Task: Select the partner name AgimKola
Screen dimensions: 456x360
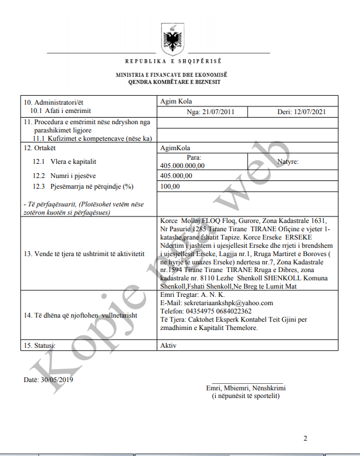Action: tap(175, 148)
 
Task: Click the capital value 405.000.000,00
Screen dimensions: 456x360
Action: tap(183, 166)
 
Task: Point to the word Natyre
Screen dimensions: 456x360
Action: tap(288, 161)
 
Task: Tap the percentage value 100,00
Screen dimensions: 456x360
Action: tap(170, 186)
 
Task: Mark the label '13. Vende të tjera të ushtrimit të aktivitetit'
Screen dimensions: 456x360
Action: tap(85, 254)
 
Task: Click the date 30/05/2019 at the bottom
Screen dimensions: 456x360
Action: tap(56, 379)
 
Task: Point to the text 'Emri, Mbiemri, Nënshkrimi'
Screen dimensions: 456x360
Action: tap(246, 388)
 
